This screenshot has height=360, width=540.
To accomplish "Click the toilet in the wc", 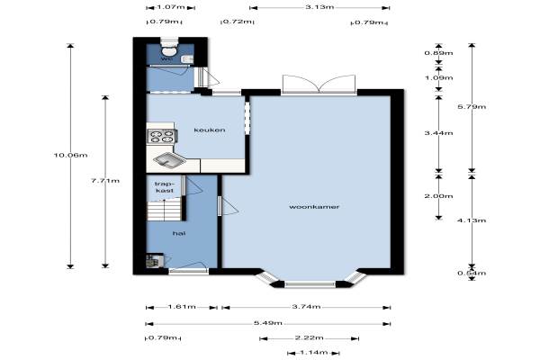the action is [169, 48].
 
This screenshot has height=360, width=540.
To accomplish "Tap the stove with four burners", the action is [161, 136].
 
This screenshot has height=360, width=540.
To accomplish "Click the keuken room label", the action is [210, 130].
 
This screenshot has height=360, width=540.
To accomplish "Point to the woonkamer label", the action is [314, 207].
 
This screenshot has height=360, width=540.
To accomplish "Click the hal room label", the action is [179, 234].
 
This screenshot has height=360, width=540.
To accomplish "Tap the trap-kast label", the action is [164, 187].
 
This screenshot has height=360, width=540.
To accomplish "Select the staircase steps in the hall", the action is [165, 210].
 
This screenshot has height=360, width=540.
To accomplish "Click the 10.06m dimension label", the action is [70, 155].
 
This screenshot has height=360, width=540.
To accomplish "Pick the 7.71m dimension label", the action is [105, 181].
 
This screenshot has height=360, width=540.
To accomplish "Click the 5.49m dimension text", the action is [268, 323].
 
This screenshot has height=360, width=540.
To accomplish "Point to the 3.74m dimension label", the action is [306, 307].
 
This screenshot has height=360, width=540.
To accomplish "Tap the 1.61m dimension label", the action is [182, 307].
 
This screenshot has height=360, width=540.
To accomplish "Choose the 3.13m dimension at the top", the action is [319, 7].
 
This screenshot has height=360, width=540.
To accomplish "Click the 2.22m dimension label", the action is [309, 338].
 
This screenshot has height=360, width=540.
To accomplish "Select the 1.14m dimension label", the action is [314, 353].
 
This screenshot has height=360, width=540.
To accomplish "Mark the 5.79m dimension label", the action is [472, 107].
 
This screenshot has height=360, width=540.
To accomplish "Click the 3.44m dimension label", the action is [439, 133].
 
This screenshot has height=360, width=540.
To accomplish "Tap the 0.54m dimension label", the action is [472, 274].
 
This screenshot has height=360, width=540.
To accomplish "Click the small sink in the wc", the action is [187, 59].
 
